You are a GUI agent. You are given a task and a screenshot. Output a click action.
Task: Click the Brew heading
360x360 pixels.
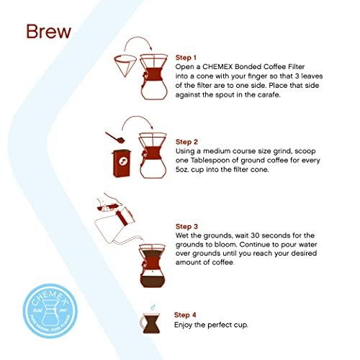point(50,32)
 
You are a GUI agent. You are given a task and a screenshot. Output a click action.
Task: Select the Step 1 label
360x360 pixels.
point(189,57)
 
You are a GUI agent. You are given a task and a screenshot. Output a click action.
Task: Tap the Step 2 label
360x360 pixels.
point(189,141)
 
